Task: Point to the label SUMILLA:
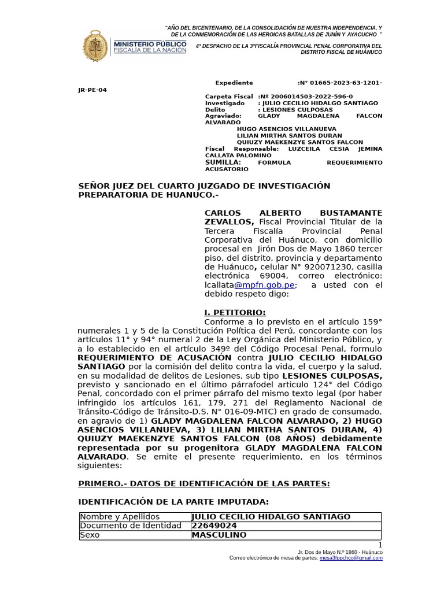[223, 162]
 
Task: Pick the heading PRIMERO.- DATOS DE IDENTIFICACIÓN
[204, 483]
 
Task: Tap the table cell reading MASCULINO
[219, 535]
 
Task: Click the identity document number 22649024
[214, 526]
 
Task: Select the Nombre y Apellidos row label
[120, 517]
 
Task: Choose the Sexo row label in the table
[90, 535]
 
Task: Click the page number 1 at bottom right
[380, 545]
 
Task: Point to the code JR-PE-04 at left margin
[92, 90]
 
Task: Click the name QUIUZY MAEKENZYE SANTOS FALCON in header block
[300, 142]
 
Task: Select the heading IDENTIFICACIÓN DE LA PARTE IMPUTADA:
[173, 502]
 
